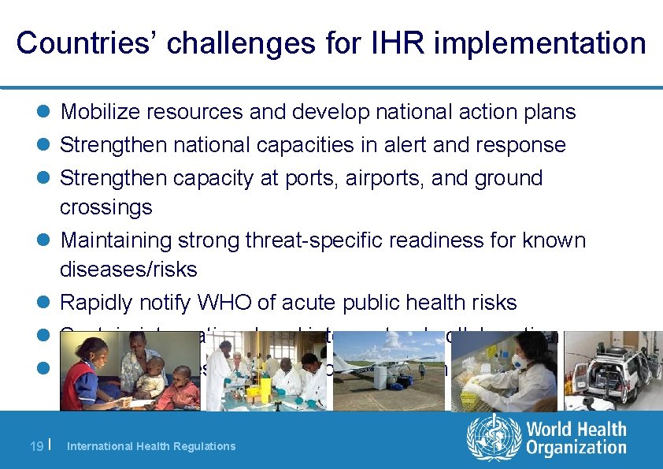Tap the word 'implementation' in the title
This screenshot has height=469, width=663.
pyautogui.click(x=539, y=43)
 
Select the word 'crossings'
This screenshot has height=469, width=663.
pyautogui.click(x=106, y=207)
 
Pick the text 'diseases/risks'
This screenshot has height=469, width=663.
pyautogui.click(x=128, y=270)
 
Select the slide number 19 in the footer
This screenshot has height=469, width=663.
pyautogui.click(x=36, y=445)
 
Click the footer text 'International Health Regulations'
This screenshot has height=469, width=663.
pyautogui.click(x=151, y=446)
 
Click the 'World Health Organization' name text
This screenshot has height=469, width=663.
pyautogui.click(x=576, y=438)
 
